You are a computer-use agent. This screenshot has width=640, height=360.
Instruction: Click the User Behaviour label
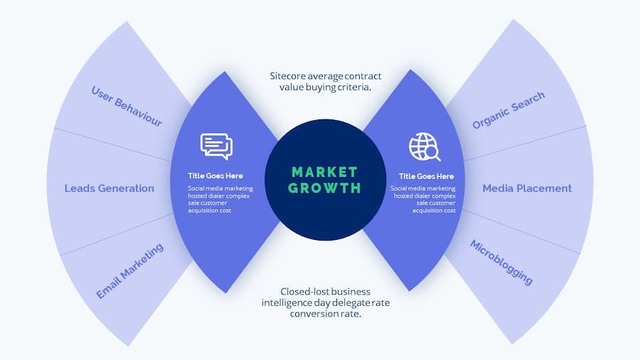pos(127,106)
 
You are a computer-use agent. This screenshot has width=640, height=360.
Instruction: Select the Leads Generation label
pos(110,189)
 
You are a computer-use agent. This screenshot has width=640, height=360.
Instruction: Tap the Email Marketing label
pos(130,270)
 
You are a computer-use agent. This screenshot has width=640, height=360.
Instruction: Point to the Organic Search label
pos(508,110)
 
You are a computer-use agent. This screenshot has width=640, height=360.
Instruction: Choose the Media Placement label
pos(527,189)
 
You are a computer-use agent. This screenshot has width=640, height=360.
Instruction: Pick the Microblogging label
pos(501,262)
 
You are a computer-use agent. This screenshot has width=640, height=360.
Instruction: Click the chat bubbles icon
pos(216,146)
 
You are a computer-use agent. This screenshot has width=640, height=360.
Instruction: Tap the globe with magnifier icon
pos(425,147)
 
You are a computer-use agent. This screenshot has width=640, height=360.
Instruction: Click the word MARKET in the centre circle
pos(324,172)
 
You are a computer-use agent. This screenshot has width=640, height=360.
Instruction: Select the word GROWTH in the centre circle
pos(325,189)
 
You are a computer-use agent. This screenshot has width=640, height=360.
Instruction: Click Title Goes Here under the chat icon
pos(215,176)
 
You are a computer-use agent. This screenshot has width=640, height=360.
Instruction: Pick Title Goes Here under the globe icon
pos(426,176)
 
